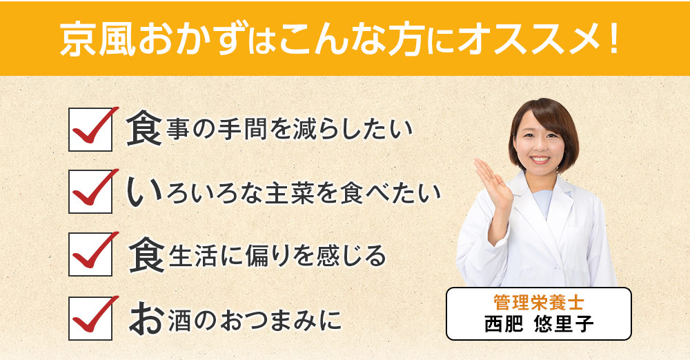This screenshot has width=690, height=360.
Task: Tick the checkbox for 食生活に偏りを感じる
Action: pyautogui.click(x=90, y=255)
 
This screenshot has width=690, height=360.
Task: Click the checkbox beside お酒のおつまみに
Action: pyautogui.click(x=90, y=318)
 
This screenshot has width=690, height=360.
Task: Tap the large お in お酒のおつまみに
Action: pyautogui.click(x=144, y=318)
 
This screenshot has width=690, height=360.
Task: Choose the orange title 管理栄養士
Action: pyautogui.click(x=539, y=303)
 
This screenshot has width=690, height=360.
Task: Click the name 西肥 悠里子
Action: pyautogui.click(x=539, y=324)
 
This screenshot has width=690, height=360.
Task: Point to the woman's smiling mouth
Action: pyautogui.click(x=540, y=161)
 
